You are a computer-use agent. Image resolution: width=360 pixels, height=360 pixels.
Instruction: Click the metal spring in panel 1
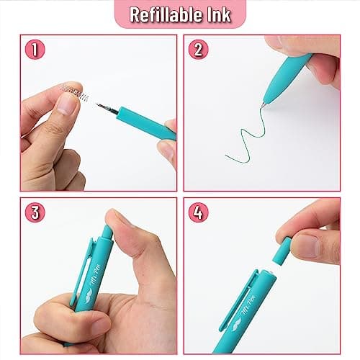[x=77, y=91]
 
